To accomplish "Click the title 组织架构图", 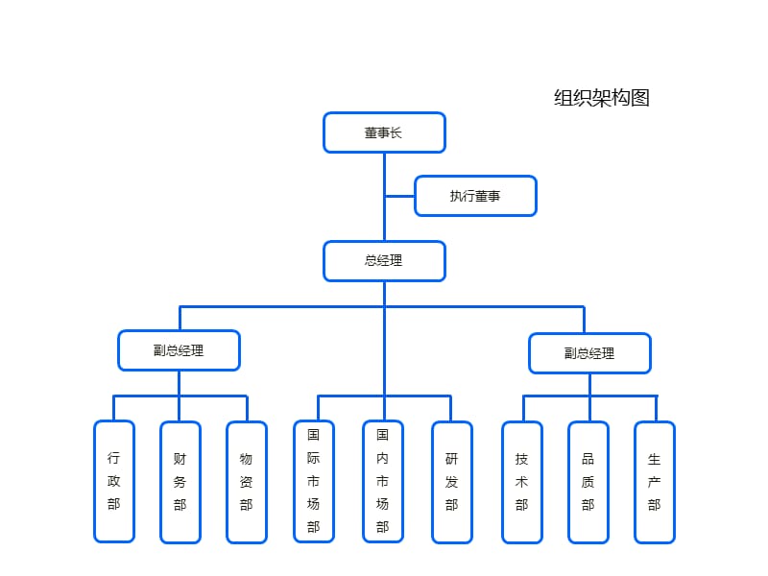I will click(602, 97).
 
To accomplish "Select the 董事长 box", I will click(384, 132).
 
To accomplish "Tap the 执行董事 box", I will click(475, 196).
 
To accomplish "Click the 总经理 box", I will click(384, 260).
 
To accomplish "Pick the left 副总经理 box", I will click(179, 350).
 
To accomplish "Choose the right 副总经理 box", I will click(589, 352).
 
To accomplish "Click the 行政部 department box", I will click(114, 481).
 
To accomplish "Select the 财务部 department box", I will click(180, 481).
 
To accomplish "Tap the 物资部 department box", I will click(247, 481).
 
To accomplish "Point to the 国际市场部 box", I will click(314, 481).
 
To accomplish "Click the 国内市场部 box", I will click(383, 481).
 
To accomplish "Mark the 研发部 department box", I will click(451, 481).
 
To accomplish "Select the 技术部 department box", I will click(522, 481).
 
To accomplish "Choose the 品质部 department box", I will click(588, 481).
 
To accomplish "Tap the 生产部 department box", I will click(655, 481).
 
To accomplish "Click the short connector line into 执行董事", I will click(399, 196).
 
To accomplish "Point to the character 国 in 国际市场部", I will click(314, 434).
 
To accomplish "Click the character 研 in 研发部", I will click(451, 459).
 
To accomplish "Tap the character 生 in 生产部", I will click(655, 459).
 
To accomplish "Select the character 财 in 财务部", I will click(180, 459).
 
